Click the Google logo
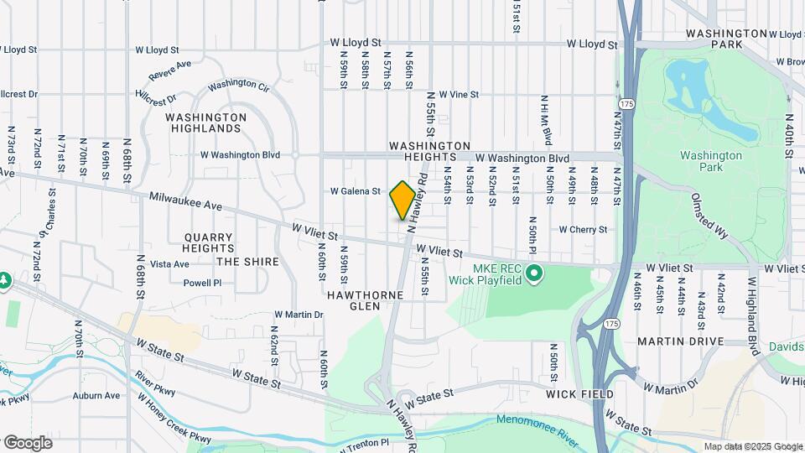pos(28,442)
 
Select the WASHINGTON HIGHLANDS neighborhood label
pos(206,123)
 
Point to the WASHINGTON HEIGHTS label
pos(434,152)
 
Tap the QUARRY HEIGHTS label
pos(209,242)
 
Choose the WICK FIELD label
pos(579,393)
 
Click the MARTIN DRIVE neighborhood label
pos(680,341)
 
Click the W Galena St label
pos(356,191)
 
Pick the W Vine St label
pos(458,95)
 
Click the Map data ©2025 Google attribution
pos(752,446)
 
